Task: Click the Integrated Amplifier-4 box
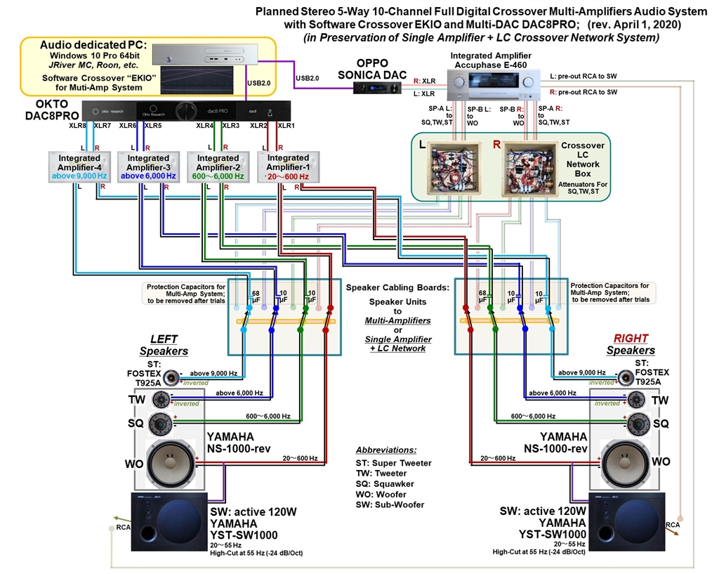(79, 167)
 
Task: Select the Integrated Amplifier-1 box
(288, 167)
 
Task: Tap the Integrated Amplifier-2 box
(218, 167)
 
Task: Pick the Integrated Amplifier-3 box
(148, 167)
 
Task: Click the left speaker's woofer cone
(169, 460)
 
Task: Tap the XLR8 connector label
(77, 126)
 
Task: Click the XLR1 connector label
(286, 126)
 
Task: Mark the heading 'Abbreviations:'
(385, 450)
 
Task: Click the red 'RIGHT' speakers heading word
(631, 338)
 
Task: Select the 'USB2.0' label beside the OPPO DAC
(307, 78)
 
